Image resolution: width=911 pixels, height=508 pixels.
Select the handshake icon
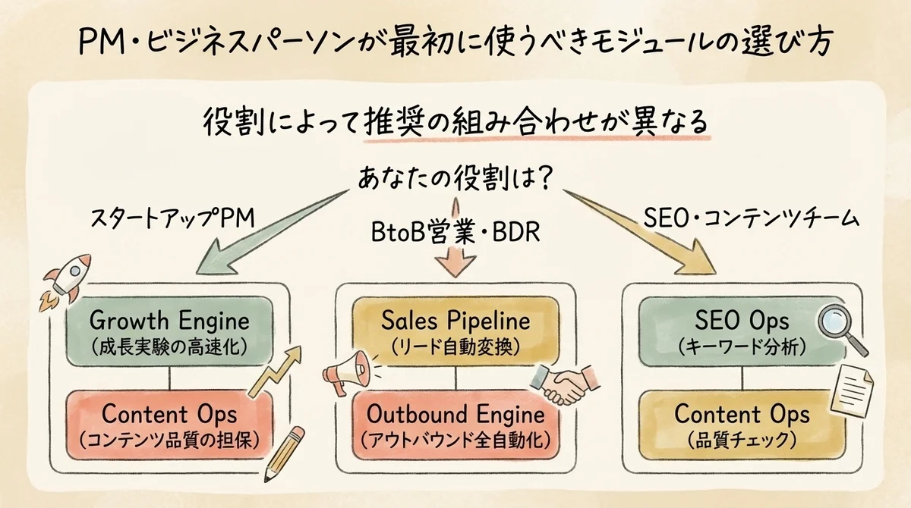[x=563, y=383]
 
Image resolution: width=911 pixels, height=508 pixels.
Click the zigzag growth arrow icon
[x=277, y=372]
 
